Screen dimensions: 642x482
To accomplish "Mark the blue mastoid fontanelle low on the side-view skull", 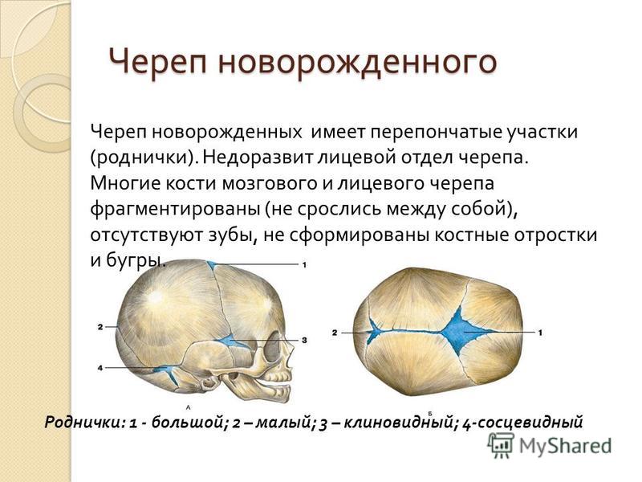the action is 167,373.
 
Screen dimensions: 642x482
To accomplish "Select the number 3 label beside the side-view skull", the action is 304,340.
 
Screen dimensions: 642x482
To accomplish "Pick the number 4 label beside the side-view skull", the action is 100,368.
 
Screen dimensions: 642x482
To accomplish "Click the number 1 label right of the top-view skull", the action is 540,333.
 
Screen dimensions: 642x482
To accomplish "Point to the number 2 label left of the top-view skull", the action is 335,333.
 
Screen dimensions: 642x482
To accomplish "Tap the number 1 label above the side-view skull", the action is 304,265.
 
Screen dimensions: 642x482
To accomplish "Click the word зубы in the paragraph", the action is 231,235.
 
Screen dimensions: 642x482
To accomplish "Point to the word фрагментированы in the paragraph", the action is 175,210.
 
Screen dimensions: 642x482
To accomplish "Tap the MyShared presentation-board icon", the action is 501,445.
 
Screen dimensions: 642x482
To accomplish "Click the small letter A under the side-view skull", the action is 189,407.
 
